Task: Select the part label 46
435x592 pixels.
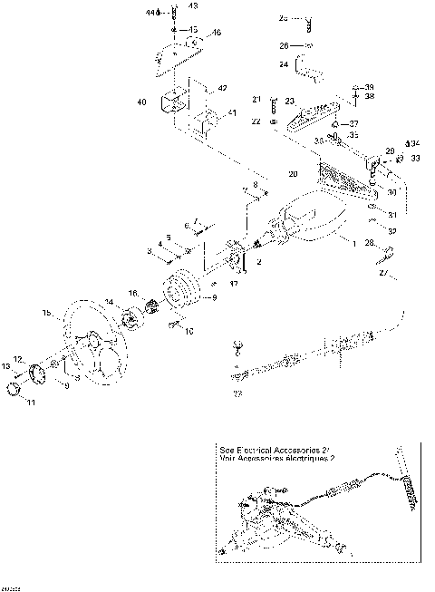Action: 216,33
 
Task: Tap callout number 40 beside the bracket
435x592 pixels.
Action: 141,102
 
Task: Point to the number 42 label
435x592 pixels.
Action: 222,88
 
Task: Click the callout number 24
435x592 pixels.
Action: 284,64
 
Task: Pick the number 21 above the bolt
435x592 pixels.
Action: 256,99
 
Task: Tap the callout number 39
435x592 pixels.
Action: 368,87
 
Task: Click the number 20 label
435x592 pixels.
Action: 293,172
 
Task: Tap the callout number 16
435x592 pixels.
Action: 132,294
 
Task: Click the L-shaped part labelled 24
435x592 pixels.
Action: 308,69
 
